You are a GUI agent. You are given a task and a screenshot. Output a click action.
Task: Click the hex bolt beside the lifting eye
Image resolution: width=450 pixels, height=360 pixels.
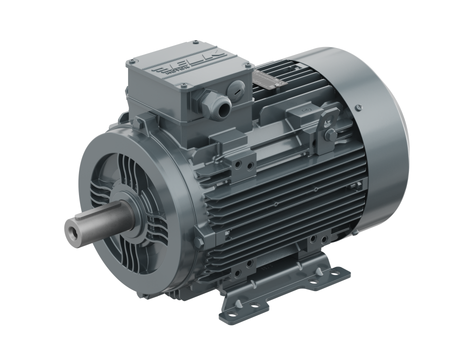(330, 135)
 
